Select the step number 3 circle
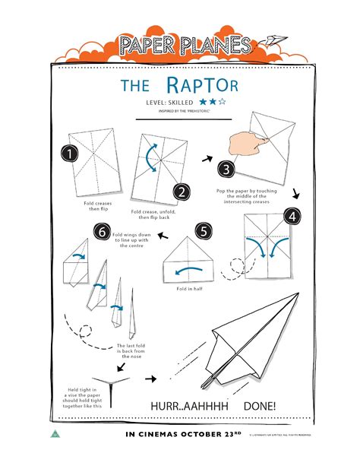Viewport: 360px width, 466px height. [226, 169]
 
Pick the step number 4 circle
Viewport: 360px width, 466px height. [292, 216]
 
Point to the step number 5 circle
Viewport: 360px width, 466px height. [202, 231]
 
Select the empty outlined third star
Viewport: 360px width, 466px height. [223, 100]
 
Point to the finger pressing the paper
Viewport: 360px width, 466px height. [243, 138]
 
